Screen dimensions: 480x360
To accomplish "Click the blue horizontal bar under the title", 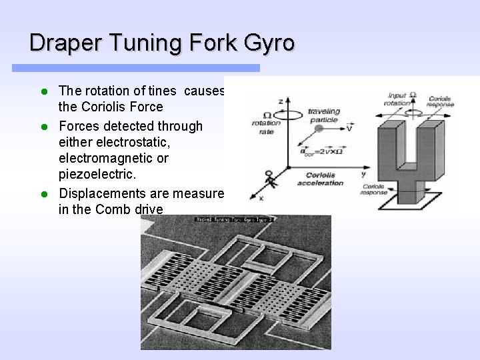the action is tap(136, 68).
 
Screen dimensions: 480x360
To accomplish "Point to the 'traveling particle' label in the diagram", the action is tap(323, 115).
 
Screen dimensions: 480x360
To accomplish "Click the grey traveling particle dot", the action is tap(319, 128).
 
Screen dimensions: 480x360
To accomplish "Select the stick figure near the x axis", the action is tap(269, 178).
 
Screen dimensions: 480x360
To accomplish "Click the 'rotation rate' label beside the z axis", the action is tap(265, 126).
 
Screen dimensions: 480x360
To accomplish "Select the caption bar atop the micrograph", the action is tap(235, 219).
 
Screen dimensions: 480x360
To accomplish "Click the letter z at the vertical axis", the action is tap(281, 101).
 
